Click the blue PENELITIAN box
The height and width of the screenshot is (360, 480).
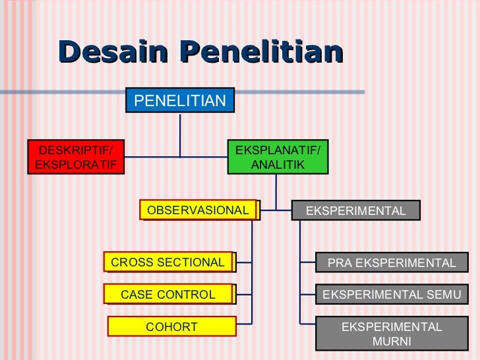pos(180,101)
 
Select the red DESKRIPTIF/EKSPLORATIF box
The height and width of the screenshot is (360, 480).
pos(75,157)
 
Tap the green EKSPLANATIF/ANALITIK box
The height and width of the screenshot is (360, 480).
pos(278,157)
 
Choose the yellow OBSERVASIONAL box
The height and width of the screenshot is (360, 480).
pos(198,210)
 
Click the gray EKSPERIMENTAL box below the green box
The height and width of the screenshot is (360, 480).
pos(356,210)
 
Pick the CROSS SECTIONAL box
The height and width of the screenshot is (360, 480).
pos(168,262)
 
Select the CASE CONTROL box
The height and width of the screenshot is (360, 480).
pos(168,294)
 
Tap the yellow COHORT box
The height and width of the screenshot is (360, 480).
pos(171,326)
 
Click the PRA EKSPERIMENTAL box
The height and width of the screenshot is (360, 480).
pos(391,263)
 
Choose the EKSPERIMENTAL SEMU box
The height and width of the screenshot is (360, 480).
pos(391,295)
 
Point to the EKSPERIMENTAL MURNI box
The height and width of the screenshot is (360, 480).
pos(391,334)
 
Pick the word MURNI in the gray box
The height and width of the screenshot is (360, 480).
pos(391,342)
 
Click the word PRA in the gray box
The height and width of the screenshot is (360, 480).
pos(340,263)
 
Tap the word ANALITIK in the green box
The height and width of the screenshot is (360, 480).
pos(278,164)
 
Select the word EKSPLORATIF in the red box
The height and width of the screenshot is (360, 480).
pos(75,164)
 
